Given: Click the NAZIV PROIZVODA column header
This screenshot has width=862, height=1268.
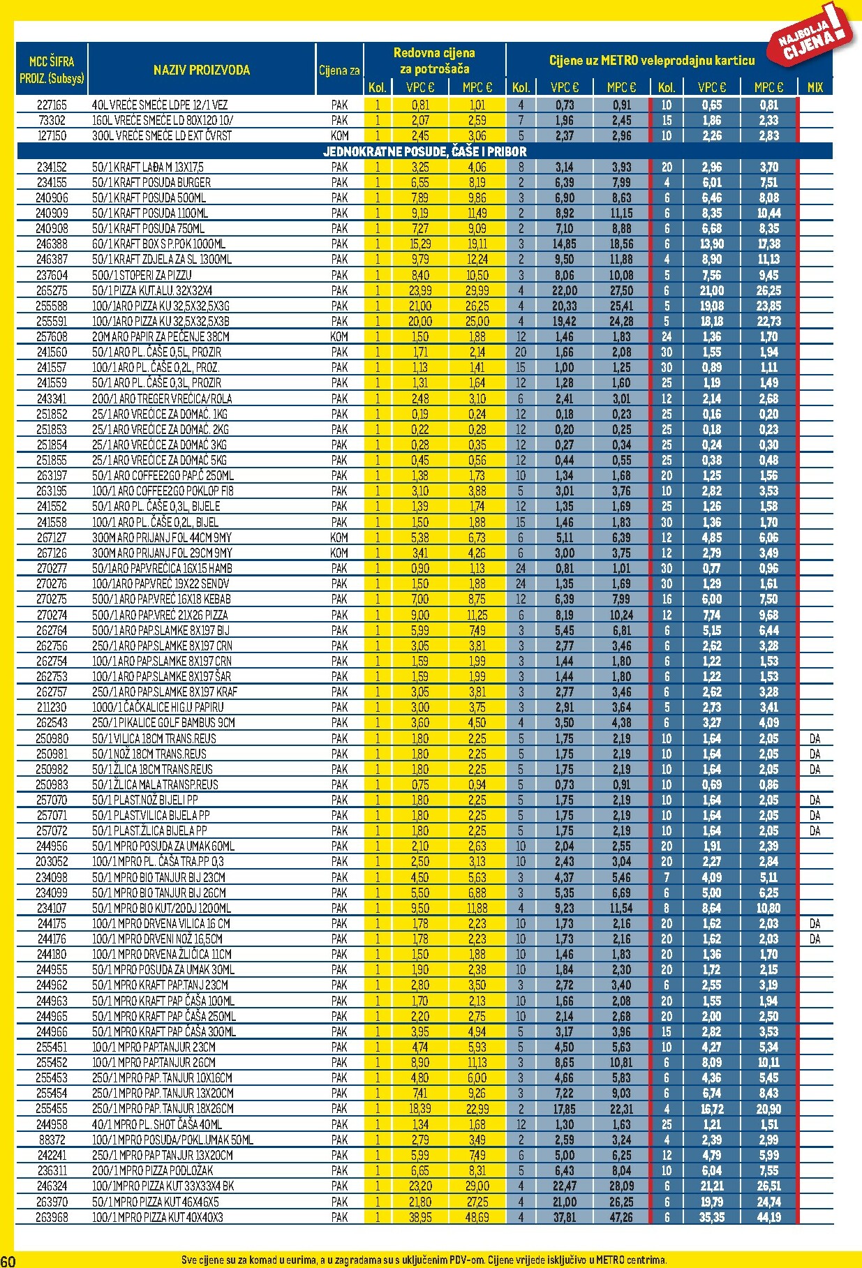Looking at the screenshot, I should click(x=201, y=70).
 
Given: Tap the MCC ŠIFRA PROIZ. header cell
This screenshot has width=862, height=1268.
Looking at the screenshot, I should click(x=52, y=70).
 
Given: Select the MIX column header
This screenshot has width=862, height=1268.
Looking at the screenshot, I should click(x=815, y=88).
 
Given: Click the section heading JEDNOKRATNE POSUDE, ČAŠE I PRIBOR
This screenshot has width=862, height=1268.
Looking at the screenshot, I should click(x=424, y=151).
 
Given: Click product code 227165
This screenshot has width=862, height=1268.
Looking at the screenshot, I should click(x=52, y=105).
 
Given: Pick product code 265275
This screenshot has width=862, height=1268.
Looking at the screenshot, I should click(x=52, y=290).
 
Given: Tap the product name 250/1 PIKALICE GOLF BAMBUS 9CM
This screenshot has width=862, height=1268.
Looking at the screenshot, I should click(x=163, y=723).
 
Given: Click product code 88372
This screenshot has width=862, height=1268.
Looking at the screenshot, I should click(x=52, y=1140).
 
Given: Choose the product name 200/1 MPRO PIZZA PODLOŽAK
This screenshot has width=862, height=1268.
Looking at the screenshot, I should click(x=152, y=1170).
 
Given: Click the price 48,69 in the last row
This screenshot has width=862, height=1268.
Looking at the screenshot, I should click(x=477, y=1217).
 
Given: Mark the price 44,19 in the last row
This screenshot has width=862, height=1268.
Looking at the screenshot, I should click(x=768, y=1217).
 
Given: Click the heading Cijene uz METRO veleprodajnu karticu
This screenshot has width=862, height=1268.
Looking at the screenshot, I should click(x=651, y=61).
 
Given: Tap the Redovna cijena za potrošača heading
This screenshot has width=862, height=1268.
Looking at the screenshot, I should click(x=434, y=61).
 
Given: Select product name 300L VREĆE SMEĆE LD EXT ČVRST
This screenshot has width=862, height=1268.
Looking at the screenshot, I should click(x=162, y=136).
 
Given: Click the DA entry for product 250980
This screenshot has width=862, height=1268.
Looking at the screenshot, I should click(x=815, y=738).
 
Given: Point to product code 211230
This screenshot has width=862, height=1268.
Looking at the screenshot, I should click(x=52, y=708).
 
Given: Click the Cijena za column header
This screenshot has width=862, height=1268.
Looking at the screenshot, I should click(x=339, y=70).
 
